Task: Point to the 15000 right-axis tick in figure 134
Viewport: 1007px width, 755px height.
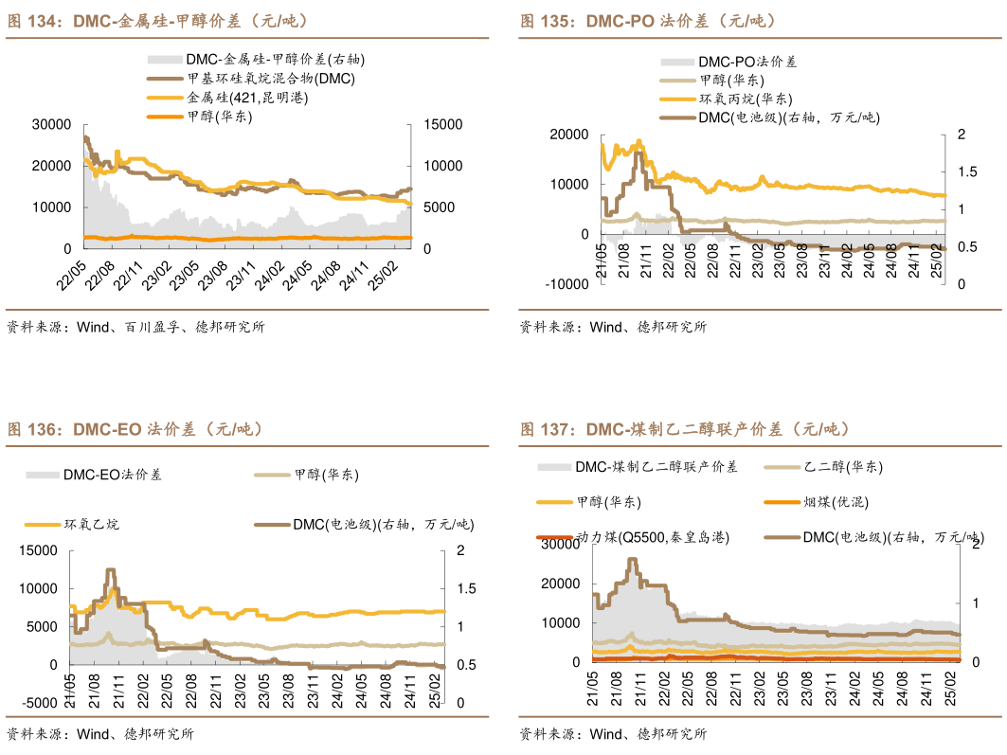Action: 442,124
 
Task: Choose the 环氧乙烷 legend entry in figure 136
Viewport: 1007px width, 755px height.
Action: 91,524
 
